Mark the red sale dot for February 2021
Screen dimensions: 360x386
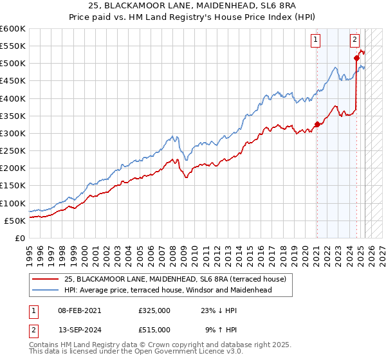coord(317,124)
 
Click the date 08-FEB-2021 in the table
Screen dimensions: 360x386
coord(79,310)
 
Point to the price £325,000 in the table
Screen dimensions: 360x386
coord(154,310)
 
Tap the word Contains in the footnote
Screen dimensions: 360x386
coord(46,345)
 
